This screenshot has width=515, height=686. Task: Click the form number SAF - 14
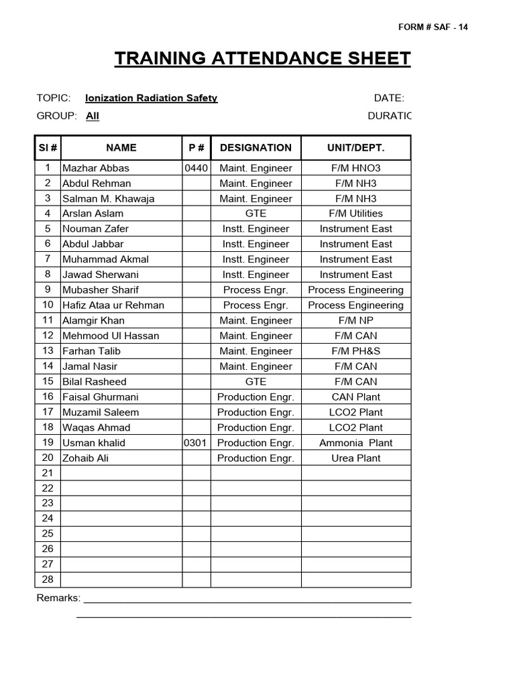(x=433, y=27)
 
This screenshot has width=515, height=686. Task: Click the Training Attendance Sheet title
(x=262, y=59)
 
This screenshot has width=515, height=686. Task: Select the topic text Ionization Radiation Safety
(x=152, y=98)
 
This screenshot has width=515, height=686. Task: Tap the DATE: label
(x=389, y=98)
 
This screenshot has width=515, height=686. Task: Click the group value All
(x=93, y=116)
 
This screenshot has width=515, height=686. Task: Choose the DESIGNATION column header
(x=255, y=147)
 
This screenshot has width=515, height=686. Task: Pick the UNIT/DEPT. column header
(x=355, y=147)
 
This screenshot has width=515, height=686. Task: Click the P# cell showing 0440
(x=196, y=168)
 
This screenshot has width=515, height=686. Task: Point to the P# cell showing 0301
(x=196, y=443)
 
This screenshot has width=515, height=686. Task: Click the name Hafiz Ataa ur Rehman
(x=113, y=305)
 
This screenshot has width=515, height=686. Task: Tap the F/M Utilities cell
(x=355, y=214)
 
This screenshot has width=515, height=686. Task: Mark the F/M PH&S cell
(x=355, y=351)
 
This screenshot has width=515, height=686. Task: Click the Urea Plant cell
(x=355, y=458)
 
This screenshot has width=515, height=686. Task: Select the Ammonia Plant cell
(x=355, y=443)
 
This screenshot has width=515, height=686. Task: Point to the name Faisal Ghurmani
(x=100, y=397)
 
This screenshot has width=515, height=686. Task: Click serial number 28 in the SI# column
(x=48, y=579)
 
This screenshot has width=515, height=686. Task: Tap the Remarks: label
(x=58, y=598)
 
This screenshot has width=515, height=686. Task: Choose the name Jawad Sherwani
(x=100, y=275)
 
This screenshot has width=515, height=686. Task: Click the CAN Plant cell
(x=355, y=397)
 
